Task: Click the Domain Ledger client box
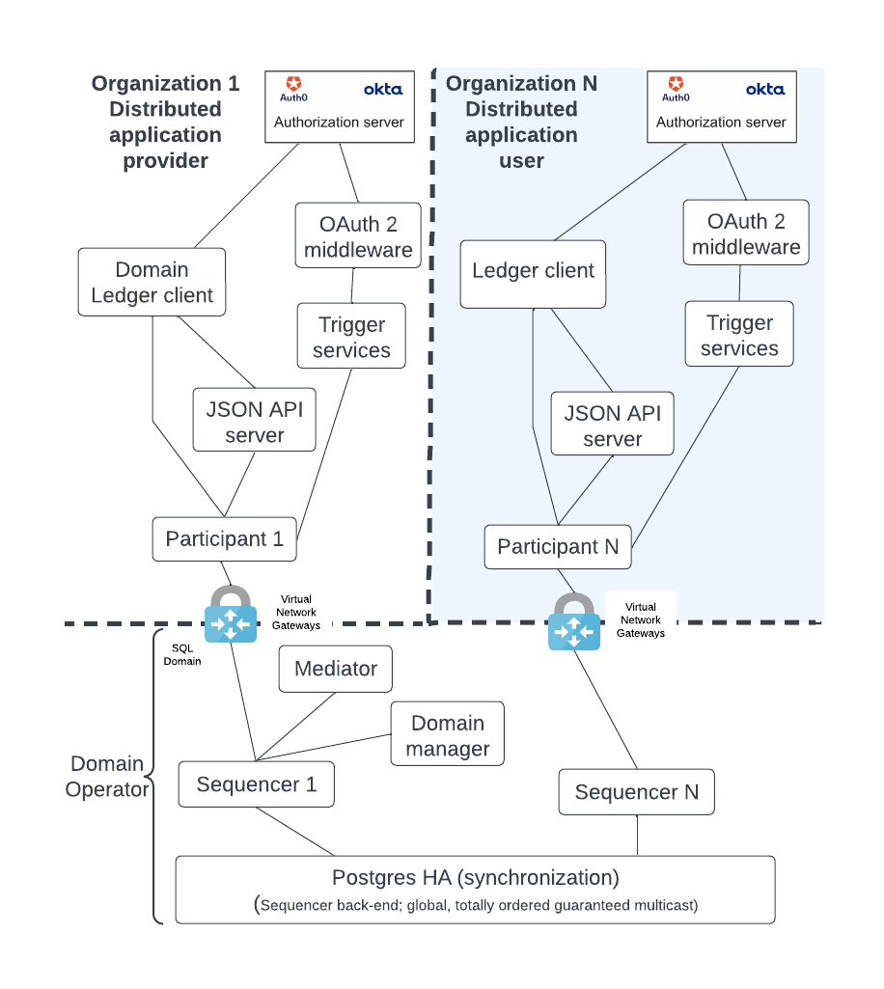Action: [152, 282]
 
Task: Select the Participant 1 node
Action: [224, 538]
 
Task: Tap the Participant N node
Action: [558, 546]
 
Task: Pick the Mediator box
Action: [335, 669]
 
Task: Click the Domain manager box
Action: [447, 735]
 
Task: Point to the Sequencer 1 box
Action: [256, 784]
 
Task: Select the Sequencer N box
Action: [636, 792]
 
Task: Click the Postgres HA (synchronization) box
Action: [475, 889]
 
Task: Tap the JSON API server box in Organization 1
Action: [254, 422]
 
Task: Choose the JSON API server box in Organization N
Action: [612, 426]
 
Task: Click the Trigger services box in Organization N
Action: [739, 335]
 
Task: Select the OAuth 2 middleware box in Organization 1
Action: [358, 236]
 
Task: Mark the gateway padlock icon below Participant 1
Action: [231, 615]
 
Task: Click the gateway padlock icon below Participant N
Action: [574, 622]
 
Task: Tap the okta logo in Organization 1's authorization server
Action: [383, 89]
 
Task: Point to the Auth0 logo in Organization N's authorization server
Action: [676, 89]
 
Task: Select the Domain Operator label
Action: [106, 777]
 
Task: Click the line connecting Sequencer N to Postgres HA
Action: [637, 835]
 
